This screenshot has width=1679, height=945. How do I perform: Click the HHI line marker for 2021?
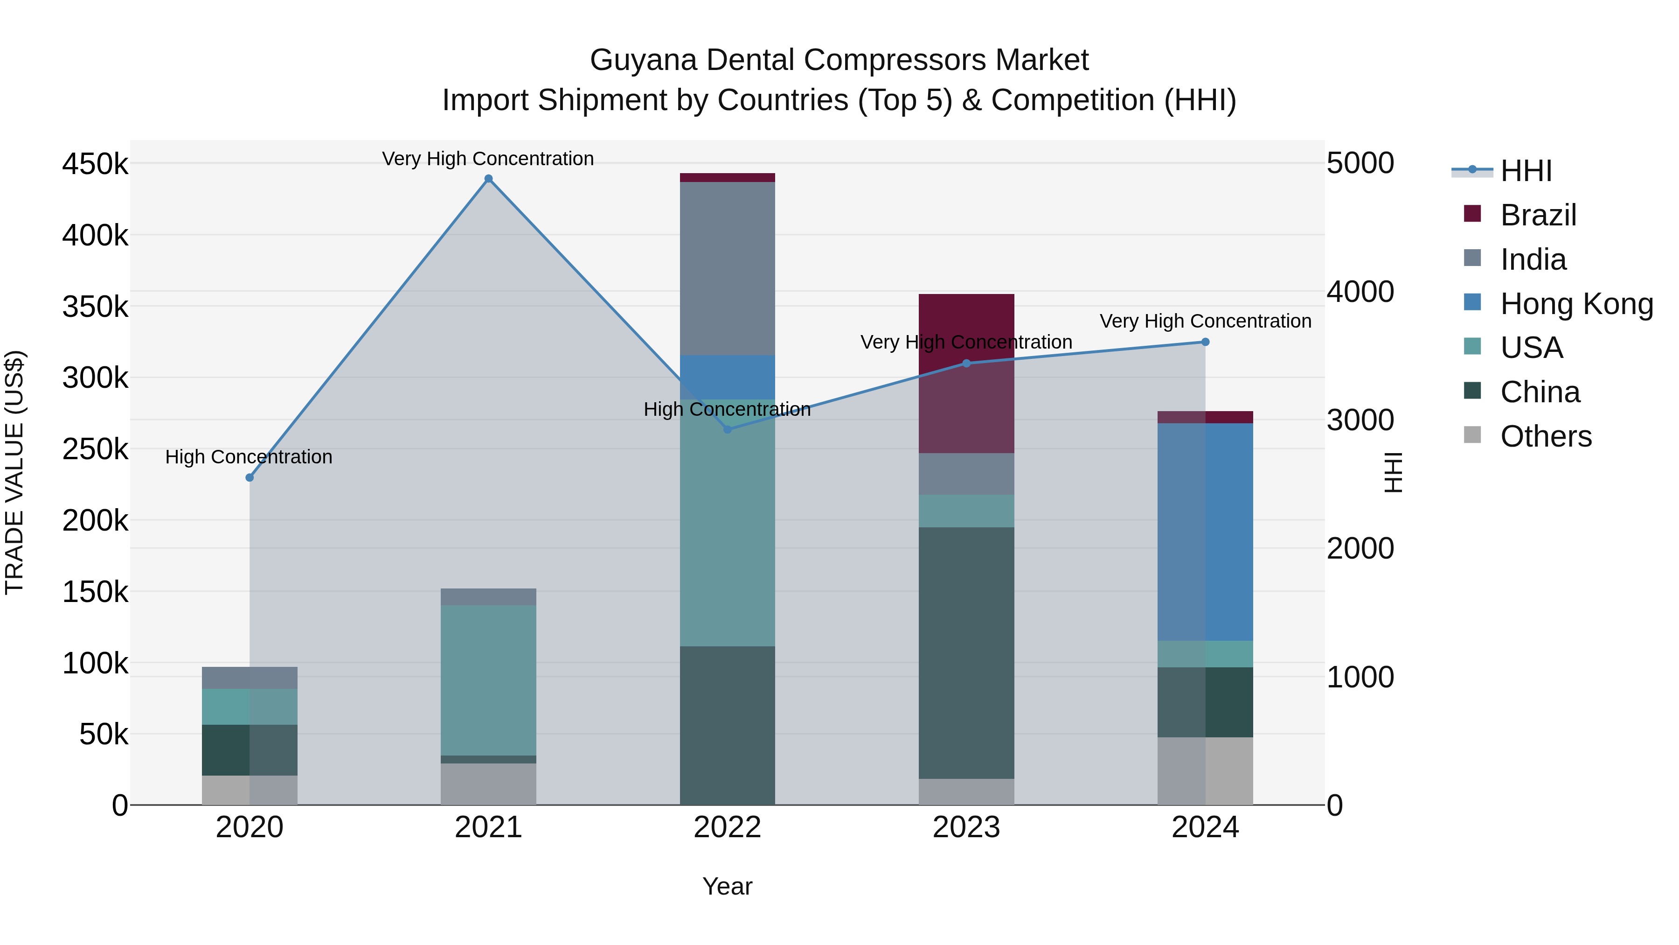tap(488, 179)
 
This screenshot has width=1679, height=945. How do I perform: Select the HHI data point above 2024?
tap(1205, 342)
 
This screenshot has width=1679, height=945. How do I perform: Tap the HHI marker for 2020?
tap(249, 477)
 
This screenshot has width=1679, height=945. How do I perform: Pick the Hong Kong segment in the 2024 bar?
tap(1205, 532)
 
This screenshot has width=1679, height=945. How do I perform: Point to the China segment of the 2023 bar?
tap(967, 652)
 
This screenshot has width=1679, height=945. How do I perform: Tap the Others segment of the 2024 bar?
tap(1205, 771)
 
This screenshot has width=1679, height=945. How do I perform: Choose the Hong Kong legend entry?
tap(1576, 304)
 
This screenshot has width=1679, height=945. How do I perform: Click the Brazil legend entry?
tap(1538, 215)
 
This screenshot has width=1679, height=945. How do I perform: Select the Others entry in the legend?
tap(1546, 436)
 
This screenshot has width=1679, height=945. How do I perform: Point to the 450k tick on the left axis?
tap(95, 164)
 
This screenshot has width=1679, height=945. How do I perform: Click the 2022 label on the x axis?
tap(728, 827)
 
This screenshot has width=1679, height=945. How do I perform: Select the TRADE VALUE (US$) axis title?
tap(14, 472)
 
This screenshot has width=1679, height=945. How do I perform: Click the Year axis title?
tap(728, 886)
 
